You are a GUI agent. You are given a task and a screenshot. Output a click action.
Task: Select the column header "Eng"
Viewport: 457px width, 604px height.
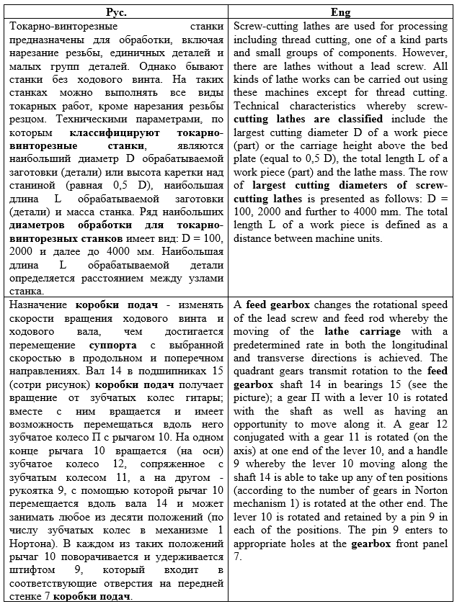(x=340, y=12)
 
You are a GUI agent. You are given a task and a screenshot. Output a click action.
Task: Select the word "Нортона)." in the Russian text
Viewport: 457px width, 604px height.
(x=34, y=530)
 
